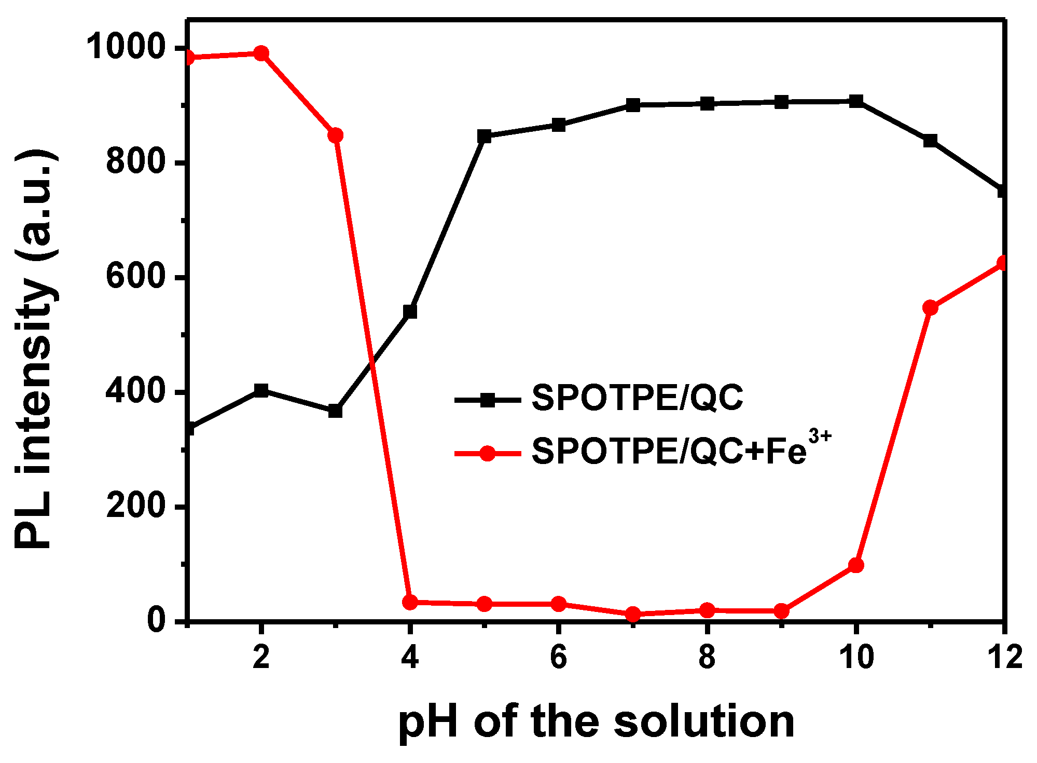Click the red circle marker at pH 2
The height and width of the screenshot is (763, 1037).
261,53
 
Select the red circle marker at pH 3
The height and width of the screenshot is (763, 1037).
336,135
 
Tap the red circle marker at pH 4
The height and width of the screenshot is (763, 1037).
410,602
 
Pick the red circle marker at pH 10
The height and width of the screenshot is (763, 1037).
856,565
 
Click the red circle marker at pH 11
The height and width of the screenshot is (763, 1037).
930,308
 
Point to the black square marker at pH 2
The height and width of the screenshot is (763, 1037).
261,390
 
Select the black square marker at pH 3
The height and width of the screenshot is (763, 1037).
336,411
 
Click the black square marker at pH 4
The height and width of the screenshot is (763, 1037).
410,311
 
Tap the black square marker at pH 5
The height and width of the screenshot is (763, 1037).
484,137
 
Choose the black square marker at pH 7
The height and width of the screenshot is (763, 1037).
633,105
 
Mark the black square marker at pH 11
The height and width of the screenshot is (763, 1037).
930,141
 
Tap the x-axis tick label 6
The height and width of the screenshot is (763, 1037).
558,657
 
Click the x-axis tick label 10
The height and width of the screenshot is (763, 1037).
856,657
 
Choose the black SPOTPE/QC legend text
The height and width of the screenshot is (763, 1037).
637,399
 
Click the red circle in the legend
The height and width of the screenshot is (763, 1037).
487,453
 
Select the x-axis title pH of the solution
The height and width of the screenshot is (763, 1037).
596,723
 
